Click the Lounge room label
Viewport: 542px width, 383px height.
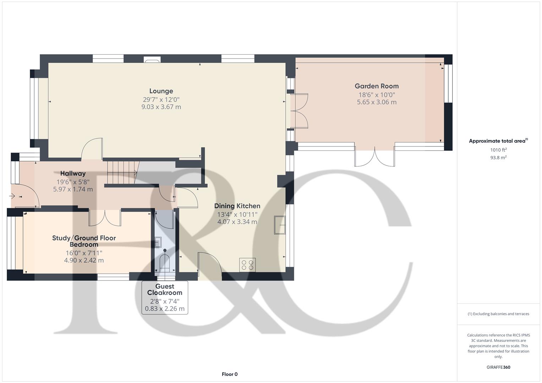click(x=161, y=91)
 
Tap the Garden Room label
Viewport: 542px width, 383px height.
click(x=377, y=86)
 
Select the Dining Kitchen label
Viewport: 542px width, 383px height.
click(x=237, y=206)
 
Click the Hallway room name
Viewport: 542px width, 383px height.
click(x=73, y=173)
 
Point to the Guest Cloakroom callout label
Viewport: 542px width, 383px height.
click(x=165, y=290)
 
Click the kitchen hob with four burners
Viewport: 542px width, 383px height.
click(x=247, y=265)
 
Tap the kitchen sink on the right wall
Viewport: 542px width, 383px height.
click(x=280, y=225)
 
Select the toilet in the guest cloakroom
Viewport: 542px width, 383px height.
click(x=165, y=261)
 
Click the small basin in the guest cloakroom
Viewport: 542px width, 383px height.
click(x=158, y=242)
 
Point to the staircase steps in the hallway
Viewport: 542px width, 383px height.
click(x=121, y=172)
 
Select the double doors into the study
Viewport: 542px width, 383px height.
click(x=105, y=218)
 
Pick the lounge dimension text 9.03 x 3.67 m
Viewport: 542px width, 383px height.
click(x=161, y=107)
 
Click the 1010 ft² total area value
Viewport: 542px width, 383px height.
click(x=498, y=150)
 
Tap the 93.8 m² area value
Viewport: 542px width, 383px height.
click(x=498, y=158)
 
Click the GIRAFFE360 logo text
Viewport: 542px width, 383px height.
click(x=498, y=367)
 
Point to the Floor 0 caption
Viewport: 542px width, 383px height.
click(x=230, y=374)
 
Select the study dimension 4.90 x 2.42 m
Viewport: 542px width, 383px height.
click(x=84, y=260)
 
